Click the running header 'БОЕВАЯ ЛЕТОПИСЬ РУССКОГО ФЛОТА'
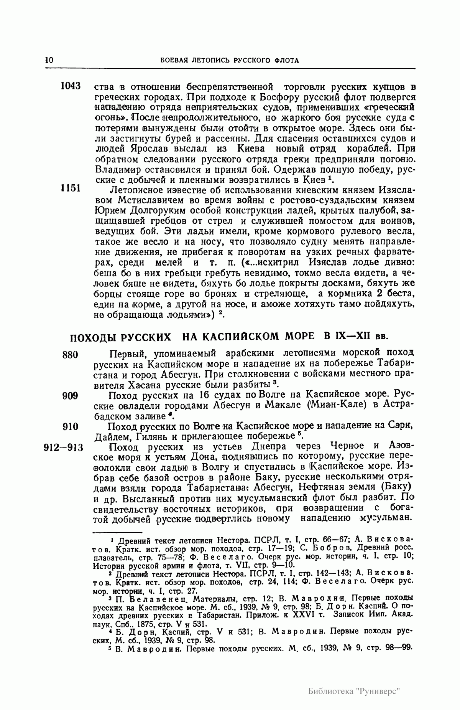point(230,60)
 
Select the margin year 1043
point(70,86)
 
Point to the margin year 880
point(70,354)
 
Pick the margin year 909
point(70,396)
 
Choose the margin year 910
point(70,427)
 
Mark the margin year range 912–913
point(64,448)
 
